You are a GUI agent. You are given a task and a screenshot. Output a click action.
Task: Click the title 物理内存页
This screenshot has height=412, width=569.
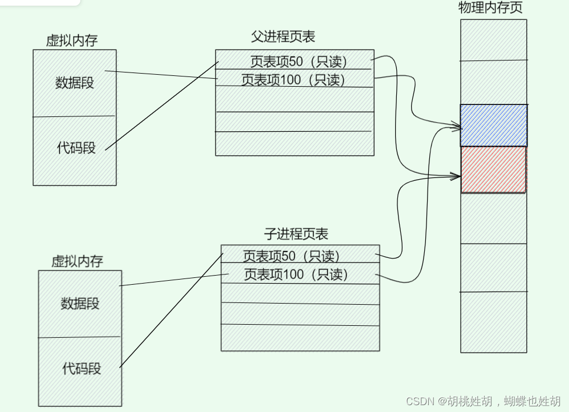[x=490, y=8]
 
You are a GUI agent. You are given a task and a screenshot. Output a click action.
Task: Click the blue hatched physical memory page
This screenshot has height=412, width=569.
[x=494, y=125]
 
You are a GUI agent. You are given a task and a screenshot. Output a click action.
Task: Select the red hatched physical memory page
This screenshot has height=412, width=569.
[x=493, y=169]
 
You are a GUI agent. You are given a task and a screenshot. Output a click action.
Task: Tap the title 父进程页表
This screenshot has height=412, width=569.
[x=283, y=37]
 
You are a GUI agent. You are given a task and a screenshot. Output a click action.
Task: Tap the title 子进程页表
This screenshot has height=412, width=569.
[x=296, y=234]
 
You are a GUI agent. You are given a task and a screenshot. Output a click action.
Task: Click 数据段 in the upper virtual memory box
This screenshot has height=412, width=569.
[x=75, y=83]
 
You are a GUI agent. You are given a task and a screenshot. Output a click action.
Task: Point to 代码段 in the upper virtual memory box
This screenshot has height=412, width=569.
[x=76, y=148]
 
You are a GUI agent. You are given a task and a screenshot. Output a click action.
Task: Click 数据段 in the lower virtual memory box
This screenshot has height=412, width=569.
[x=80, y=304]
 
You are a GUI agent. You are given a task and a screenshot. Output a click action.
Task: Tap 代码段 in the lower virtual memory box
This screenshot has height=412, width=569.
[x=82, y=369]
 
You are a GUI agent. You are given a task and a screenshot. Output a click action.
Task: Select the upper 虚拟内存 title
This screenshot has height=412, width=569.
[x=72, y=41]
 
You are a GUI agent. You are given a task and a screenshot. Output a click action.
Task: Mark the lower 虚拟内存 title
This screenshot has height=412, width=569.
[x=78, y=261]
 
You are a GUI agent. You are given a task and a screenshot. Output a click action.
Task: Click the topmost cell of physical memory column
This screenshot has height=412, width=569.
[x=494, y=40]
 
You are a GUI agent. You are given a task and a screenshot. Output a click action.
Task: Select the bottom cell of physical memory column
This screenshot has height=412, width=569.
[x=494, y=322]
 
